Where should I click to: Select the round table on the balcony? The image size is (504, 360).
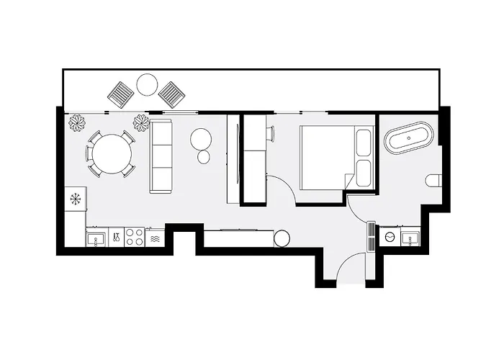(x=147, y=85)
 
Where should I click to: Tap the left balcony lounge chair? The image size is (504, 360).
(x=121, y=92)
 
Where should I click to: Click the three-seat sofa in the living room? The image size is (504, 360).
(x=161, y=156)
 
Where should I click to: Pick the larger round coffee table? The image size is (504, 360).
(x=200, y=138)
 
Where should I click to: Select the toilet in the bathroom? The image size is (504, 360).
(x=433, y=179)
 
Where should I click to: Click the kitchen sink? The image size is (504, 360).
(x=96, y=237)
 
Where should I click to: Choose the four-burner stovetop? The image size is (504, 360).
(x=134, y=237)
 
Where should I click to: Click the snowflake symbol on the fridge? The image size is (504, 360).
(x=74, y=197)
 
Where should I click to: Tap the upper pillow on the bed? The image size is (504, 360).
(x=362, y=143)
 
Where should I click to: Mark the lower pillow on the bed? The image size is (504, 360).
(x=362, y=174)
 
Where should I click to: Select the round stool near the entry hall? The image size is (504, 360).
(x=282, y=238)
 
